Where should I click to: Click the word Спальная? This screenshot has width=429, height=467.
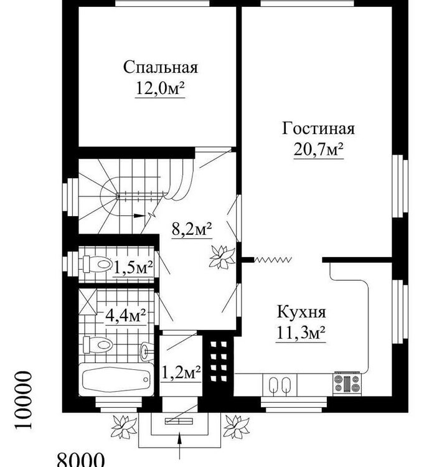pyautogui.click(x=159, y=67)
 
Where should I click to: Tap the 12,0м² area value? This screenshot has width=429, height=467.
pyautogui.click(x=159, y=88)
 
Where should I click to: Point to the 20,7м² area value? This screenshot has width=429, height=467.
pyautogui.click(x=318, y=150)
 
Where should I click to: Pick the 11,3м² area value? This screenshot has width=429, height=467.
pyautogui.click(x=301, y=333)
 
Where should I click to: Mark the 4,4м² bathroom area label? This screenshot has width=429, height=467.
pyautogui.click(x=125, y=315)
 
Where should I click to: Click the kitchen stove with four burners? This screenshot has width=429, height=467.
pyautogui.click(x=347, y=382)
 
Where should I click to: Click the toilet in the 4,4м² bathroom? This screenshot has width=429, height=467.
pyautogui.click(x=98, y=343)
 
